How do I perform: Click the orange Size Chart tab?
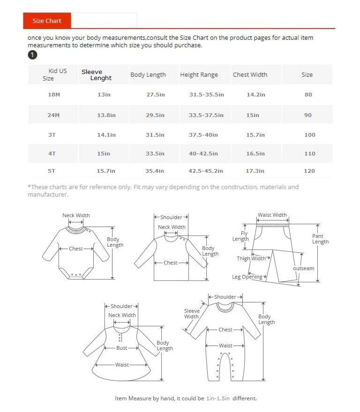[46, 21]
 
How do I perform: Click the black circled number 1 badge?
[32, 55]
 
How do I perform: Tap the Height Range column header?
[199, 75]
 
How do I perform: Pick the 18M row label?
[54, 95]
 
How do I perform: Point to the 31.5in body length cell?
[155, 135]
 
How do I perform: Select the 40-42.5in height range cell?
[203, 154]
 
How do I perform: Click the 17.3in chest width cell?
[255, 171]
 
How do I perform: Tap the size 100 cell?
[309, 135]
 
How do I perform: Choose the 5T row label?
[51, 171]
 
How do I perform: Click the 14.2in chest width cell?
[255, 95]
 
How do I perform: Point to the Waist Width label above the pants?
[272, 215]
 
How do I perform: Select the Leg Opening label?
[247, 277]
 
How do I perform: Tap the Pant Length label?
[321, 239]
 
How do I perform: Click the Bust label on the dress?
[122, 348]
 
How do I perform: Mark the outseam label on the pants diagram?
[303, 268]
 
